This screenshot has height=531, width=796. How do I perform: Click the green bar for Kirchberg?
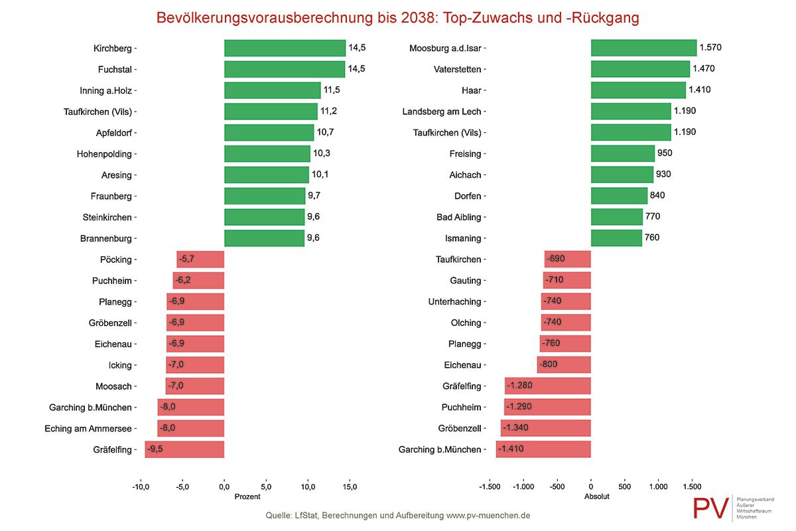(285, 48)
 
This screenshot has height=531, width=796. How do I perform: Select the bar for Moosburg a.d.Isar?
(643, 48)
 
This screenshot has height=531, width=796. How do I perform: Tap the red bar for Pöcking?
(200, 260)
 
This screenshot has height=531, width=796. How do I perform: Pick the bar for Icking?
(195, 365)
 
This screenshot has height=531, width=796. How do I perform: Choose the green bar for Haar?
(638, 90)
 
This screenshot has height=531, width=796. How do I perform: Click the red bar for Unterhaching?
(566, 301)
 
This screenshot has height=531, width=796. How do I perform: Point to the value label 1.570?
(710, 47)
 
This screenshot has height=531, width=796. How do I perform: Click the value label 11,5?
(332, 90)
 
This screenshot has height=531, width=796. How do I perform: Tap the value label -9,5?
(155, 449)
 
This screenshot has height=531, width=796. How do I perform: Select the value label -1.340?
(515, 427)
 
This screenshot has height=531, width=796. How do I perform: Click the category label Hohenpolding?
(104, 154)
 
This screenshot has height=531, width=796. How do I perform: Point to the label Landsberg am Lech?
(442, 112)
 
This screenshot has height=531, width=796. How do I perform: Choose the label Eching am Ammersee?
(88, 429)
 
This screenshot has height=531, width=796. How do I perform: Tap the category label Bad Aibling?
(459, 217)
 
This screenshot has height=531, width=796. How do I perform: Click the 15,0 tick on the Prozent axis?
(350, 487)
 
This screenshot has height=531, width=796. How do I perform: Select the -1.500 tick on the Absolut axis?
(490, 487)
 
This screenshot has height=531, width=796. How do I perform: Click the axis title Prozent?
(247, 497)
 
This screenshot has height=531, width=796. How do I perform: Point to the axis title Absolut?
(596, 496)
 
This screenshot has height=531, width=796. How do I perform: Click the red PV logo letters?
(710, 508)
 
